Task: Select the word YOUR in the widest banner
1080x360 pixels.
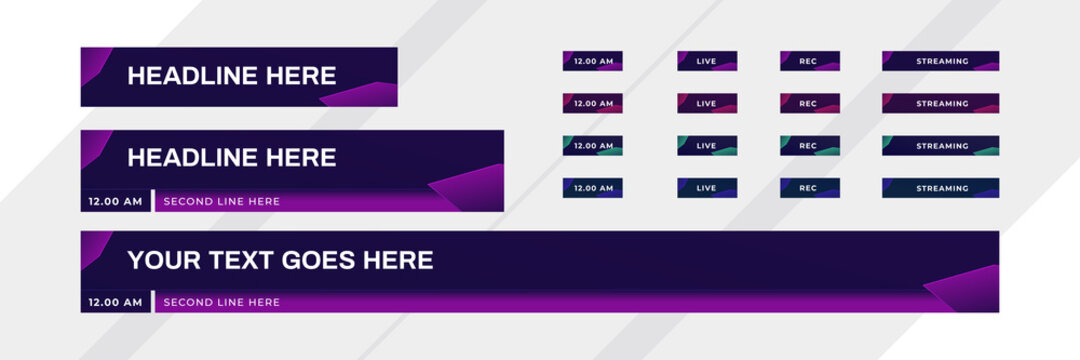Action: click(160, 261)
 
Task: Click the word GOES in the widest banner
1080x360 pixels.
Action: click(319, 261)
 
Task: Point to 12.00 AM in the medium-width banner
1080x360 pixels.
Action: click(115, 201)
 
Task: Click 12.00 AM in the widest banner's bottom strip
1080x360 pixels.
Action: click(115, 302)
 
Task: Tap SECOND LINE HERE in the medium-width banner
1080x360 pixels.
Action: click(221, 201)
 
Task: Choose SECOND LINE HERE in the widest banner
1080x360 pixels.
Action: click(221, 302)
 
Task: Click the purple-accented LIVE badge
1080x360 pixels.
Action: click(707, 61)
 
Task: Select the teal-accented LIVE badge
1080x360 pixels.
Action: click(707, 146)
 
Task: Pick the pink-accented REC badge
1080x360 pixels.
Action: click(809, 104)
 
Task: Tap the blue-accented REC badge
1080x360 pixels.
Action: click(809, 188)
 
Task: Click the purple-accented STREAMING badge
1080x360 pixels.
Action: click(941, 61)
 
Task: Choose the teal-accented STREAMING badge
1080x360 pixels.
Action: click(941, 146)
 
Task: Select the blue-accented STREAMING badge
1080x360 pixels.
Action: click(941, 188)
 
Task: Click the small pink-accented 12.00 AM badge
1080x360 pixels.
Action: click(593, 104)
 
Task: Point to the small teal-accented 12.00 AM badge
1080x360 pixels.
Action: click(593, 146)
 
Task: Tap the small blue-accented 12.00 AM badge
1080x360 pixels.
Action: click(593, 188)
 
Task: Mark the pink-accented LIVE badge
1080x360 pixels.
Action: click(707, 104)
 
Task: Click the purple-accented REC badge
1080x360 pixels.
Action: click(809, 61)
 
